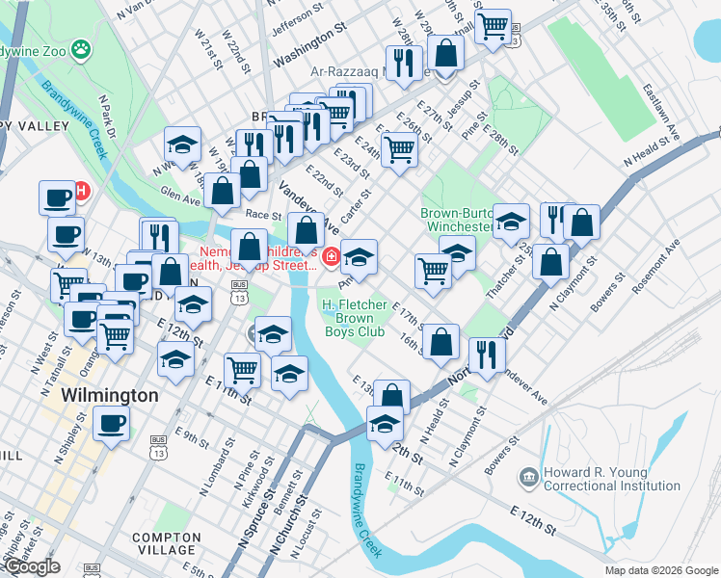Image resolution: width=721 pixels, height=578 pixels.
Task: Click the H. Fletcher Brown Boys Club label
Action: point(353,318)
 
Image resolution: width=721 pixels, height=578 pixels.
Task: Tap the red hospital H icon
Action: point(82,191)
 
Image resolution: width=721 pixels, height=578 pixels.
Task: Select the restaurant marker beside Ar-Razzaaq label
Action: point(404,64)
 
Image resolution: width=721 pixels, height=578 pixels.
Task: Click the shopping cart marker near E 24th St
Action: point(399,149)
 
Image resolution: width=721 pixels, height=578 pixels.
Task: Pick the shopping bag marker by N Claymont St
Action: point(550,262)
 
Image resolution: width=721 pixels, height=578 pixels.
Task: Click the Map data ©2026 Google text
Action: point(660,570)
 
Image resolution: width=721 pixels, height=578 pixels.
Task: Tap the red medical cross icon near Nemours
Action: point(331,255)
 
